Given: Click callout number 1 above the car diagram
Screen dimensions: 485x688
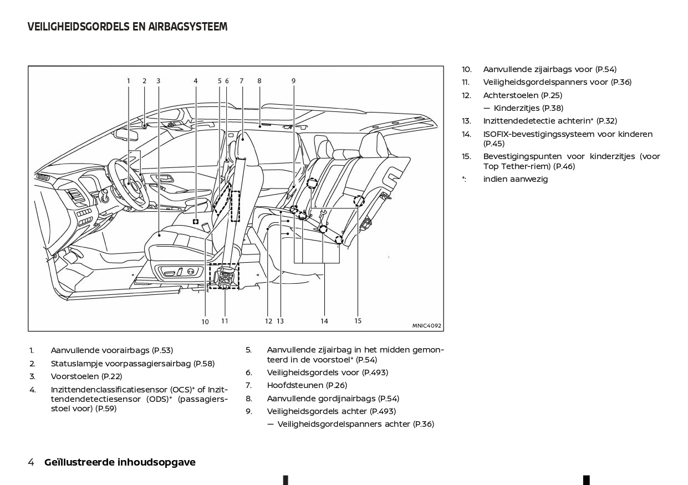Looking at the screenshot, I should point(128,81).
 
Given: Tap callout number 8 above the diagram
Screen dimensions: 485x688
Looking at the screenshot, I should point(259,81).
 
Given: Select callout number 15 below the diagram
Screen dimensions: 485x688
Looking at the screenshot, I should point(358,320).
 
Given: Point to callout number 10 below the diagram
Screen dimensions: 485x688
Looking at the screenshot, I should point(205,321).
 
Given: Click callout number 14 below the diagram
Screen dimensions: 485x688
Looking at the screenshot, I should point(324,321).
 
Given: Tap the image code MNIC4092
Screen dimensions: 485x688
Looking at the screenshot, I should point(426,326).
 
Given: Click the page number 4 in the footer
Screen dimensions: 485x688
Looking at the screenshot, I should point(31,462).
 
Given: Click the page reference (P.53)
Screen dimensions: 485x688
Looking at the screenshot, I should point(162,350).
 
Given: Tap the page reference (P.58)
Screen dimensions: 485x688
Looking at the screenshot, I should point(203,364).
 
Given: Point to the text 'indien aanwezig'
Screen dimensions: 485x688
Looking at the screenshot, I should point(515,179).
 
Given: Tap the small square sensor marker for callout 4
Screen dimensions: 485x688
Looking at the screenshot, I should point(196,221).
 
